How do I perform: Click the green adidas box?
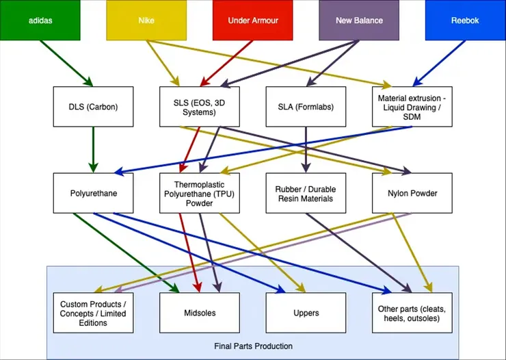pos(40,20)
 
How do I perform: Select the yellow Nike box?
pos(146,20)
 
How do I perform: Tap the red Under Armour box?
pos(252,20)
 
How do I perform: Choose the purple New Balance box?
pos(359,20)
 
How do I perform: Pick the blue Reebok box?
pos(465,20)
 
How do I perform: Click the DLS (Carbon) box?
pos(93,107)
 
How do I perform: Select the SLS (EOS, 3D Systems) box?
pos(199,107)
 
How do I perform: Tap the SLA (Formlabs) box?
pos(306,107)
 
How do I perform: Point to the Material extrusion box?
pos(412,107)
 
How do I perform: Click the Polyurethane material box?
pos(93,193)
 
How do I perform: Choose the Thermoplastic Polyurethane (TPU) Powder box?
pos(199,193)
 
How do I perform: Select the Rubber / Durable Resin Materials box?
pos(306,193)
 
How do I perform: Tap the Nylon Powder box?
pos(412,193)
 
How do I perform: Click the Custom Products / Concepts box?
pos(93,313)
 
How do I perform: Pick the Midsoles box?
pos(199,313)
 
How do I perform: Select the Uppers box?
pos(306,313)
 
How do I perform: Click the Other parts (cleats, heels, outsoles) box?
pos(412,313)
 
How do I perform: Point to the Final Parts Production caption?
pos(253,346)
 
